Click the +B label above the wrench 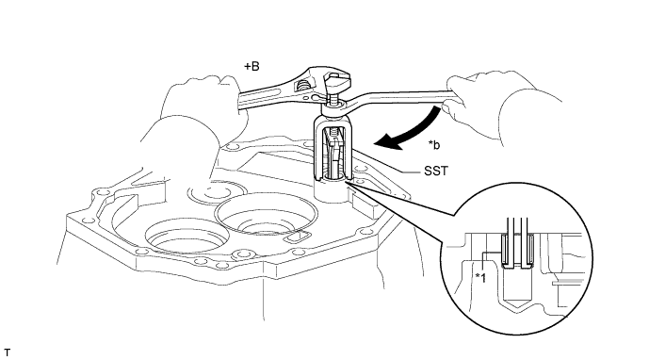(x=251, y=66)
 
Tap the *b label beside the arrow (x=434, y=145)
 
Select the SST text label (x=436, y=172)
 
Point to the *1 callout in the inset (x=480, y=278)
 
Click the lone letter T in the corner (x=7, y=353)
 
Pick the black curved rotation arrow (x=410, y=134)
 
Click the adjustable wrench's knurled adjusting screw (x=302, y=88)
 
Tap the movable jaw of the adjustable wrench (x=336, y=82)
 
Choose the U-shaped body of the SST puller (x=333, y=149)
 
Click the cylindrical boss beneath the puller (x=332, y=191)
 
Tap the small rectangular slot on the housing (x=297, y=237)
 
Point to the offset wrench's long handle (x=398, y=96)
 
